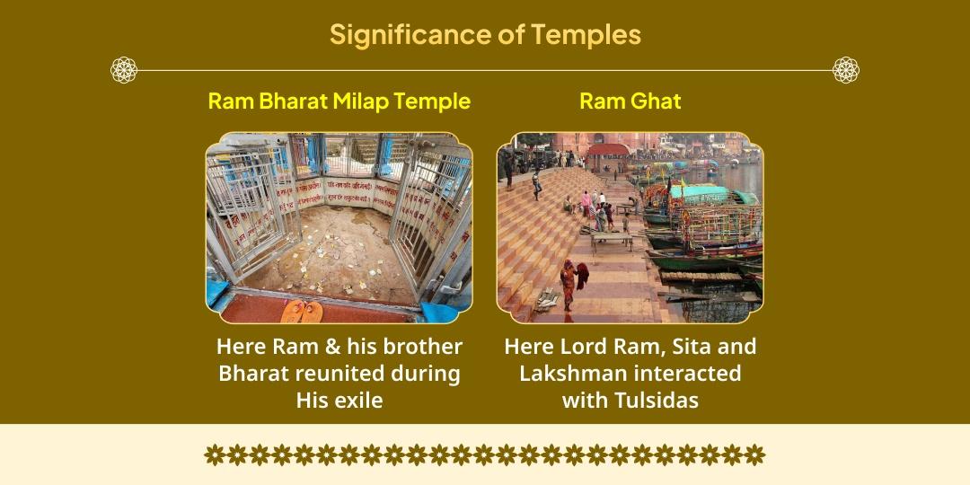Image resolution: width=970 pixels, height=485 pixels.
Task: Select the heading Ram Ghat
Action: tap(630, 101)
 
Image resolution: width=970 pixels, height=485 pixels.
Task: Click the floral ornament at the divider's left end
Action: tap(124, 70)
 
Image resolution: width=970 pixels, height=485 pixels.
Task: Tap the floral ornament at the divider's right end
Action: tap(845, 70)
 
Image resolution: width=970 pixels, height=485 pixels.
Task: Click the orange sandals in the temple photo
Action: tap(301, 311)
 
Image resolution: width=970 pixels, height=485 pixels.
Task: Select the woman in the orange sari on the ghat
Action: tap(568, 281)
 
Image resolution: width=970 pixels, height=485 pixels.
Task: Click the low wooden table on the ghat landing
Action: tap(611, 238)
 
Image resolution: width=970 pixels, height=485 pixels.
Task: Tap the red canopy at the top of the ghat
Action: tap(607, 150)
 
